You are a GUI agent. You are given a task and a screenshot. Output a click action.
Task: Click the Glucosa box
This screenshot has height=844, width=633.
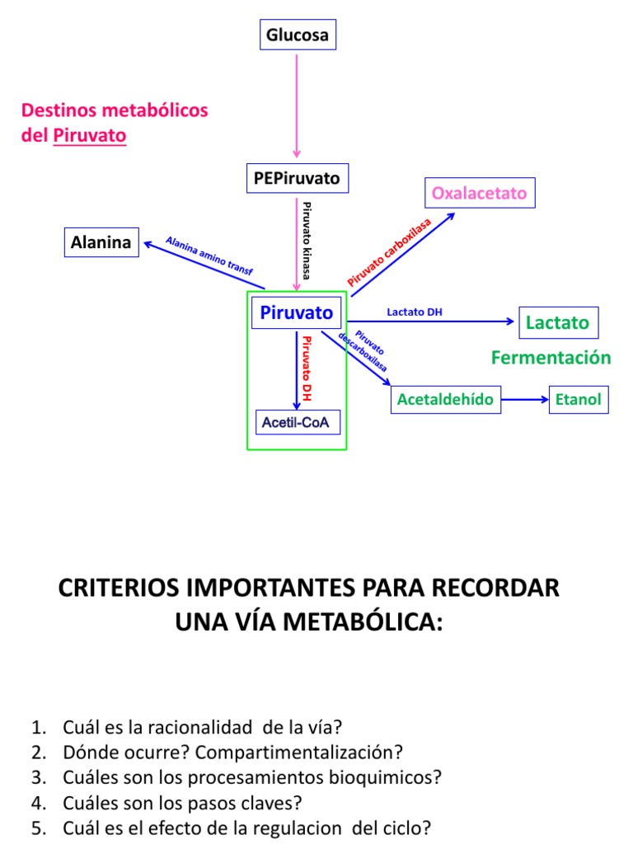pos(297,35)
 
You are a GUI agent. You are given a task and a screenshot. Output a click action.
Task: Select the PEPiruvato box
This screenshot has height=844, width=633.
pos(298,177)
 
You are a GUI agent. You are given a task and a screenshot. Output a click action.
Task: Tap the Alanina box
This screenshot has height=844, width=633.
pos(101,242)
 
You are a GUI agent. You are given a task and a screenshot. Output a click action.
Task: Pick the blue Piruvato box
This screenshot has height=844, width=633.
pos(297,313)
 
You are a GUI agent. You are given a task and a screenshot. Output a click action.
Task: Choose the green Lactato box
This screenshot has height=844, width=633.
pos(558,322)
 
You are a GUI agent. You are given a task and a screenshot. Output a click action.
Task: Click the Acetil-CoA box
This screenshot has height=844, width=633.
pos(297,423)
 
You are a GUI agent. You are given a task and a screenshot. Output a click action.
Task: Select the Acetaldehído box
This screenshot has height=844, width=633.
pos(445,400)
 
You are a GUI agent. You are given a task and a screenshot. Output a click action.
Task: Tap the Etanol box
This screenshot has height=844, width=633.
pos(579,400)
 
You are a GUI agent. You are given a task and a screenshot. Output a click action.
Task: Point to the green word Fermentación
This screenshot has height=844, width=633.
pos(551,358)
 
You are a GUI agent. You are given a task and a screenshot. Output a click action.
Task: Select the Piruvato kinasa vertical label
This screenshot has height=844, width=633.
pos(307,240)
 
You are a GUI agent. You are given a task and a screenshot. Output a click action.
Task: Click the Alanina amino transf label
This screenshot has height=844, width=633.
pos(209,256)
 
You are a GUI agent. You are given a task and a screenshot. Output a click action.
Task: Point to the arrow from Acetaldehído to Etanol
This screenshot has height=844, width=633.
pos(524,400)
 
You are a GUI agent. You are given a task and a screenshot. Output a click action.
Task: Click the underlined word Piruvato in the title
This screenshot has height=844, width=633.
pos(90,135)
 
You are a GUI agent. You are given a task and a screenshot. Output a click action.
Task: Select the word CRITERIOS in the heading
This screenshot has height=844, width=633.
pos(122,588)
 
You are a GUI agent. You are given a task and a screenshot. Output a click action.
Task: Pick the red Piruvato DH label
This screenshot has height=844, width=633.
pos(307,368)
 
